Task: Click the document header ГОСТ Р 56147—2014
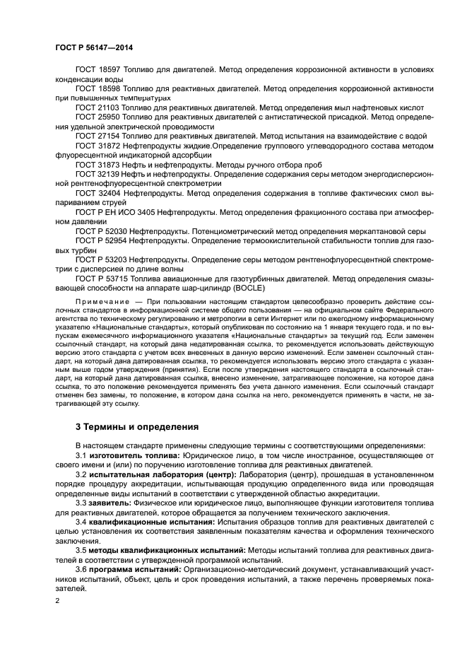pyautogui.click(x=93, y=47)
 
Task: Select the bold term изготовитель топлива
pyautogui.click(x=132, y=456)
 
